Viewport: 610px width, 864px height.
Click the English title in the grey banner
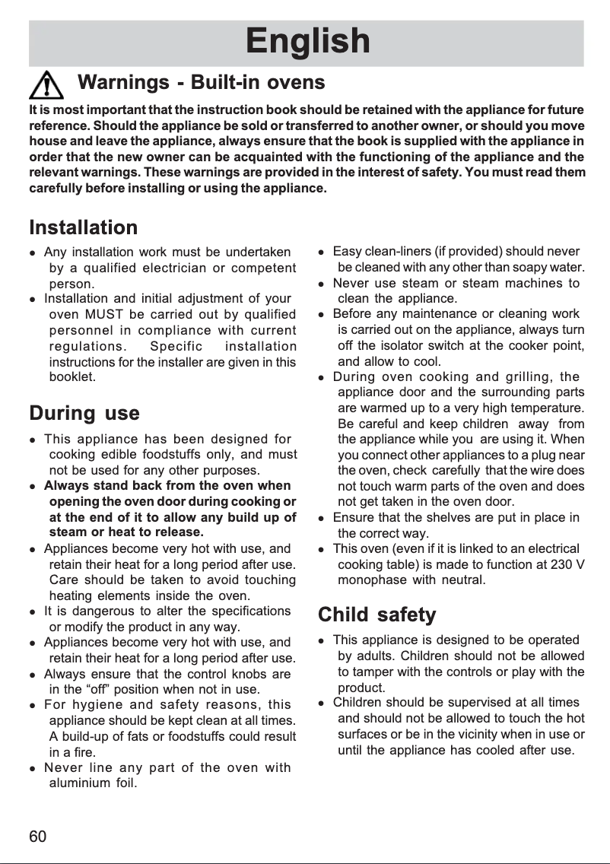point(307,42)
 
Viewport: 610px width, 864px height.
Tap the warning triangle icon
point(47,83)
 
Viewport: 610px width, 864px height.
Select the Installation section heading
point(84,227)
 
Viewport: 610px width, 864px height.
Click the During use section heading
point(84,414)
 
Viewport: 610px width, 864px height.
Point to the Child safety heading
point(376,614)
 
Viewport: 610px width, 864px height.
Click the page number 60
point(38,837)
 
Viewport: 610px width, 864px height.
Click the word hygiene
point(109,704)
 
